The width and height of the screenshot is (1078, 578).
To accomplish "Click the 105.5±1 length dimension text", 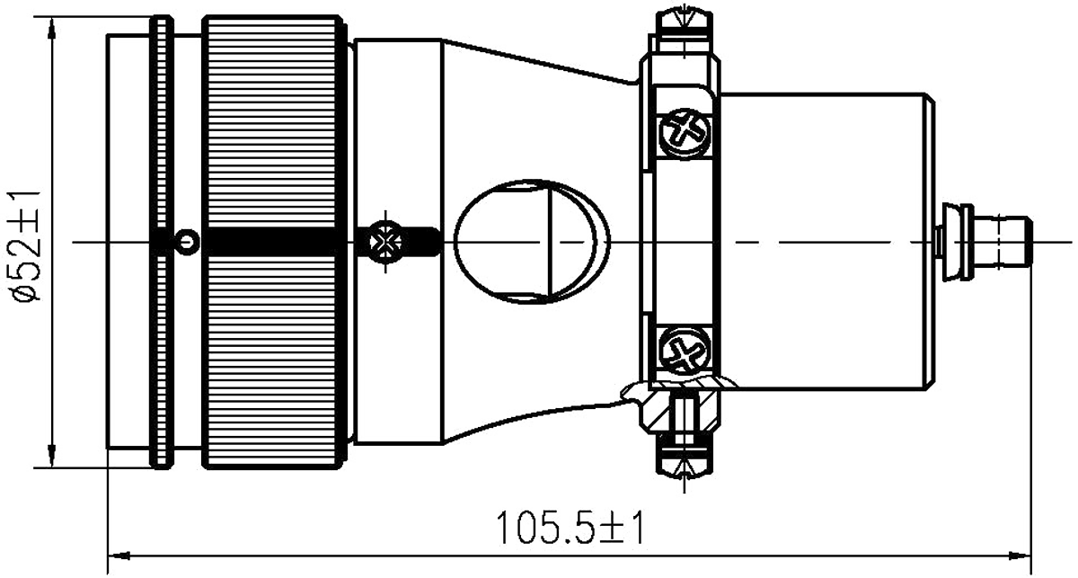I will (x=570, y=525).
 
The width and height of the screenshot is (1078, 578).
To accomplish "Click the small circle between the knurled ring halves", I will (x=186, y=242).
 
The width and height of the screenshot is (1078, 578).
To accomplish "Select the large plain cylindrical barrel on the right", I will (x=826, y=241).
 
